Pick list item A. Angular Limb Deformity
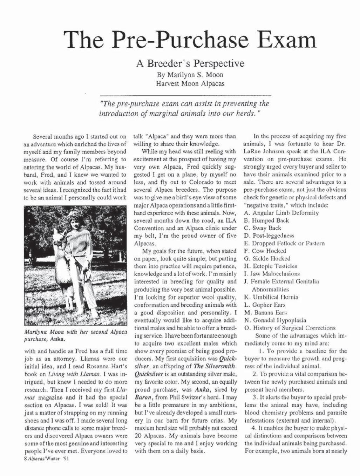point(281,212)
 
